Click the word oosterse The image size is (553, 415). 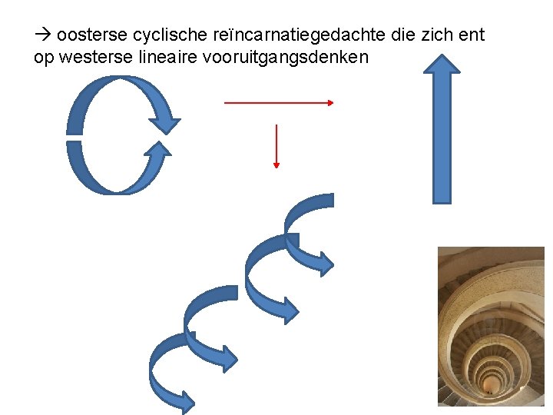[91, 35]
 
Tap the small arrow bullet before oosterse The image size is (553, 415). [42, 36]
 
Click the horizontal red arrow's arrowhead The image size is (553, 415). [329, 102]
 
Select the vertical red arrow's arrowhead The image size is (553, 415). [276, 163]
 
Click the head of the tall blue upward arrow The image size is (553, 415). [442, 64]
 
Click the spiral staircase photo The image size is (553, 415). [491, 330]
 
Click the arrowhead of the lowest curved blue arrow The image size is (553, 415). [185, 402]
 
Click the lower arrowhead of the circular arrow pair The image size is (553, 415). [157, 150]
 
